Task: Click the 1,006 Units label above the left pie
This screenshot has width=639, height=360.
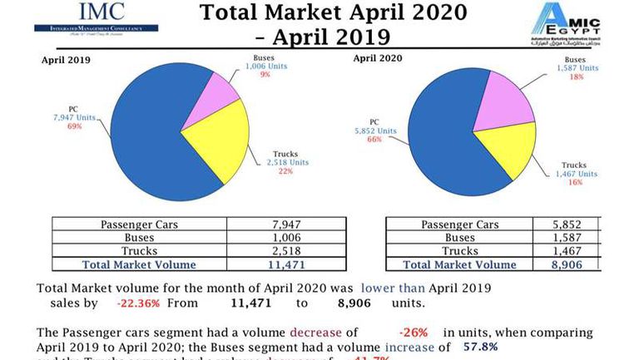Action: coord(264,65)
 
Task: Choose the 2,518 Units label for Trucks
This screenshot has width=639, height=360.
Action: coord(290,162)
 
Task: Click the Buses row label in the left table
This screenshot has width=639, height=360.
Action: coord(139,238)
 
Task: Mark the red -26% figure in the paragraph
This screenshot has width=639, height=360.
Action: coord(413,332)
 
